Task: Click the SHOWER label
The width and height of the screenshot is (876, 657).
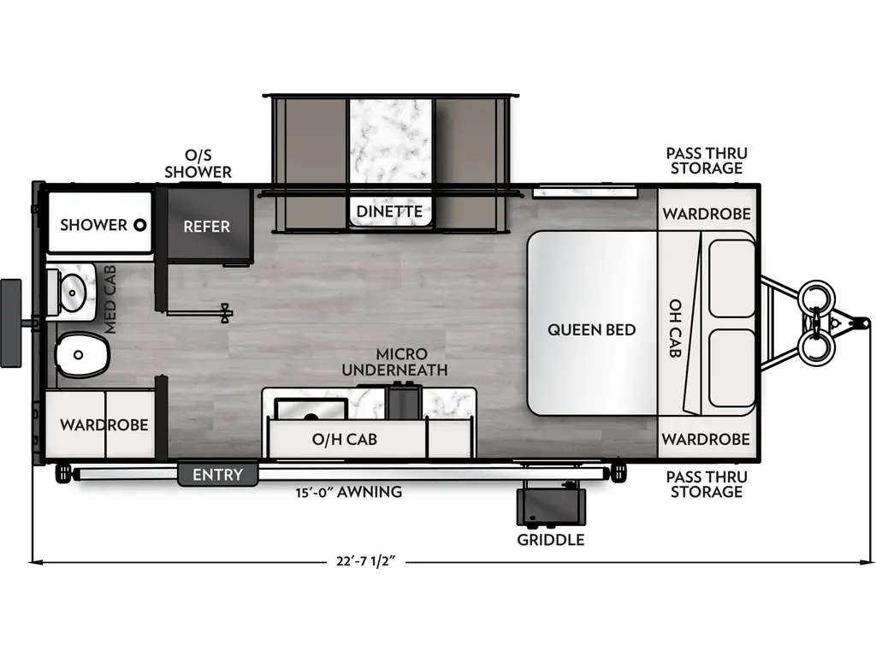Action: pyautogui.click(x=93, y=225)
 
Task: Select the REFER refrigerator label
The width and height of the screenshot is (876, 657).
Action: pyautogui.click(x=206, y=227)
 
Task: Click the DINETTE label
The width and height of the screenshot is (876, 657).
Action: pyautogui.click(x=389, y=211)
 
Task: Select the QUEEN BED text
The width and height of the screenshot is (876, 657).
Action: pyautogui.click(x=592, y=329)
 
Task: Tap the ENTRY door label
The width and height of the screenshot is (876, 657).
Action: pyautogui.click(x=217, y=475)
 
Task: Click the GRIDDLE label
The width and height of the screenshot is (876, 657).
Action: pyautogui.click(x=551, y=540)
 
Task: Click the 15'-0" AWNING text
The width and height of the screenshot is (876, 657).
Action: pyautogui.click(x=346, y=492)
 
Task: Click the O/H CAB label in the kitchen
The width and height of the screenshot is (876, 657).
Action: pyautogui.click(x=344, y=440)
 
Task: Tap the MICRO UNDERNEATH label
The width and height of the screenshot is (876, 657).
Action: pyautogui.click(x=394, y=362)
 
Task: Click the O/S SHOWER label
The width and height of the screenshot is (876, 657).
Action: pyautogui.click(x=198, y=163)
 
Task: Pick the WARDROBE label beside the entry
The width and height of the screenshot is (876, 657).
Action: pyautogui.click(x=104, y=424)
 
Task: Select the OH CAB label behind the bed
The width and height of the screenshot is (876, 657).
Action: pyautogui.click(x=675, y=328)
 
